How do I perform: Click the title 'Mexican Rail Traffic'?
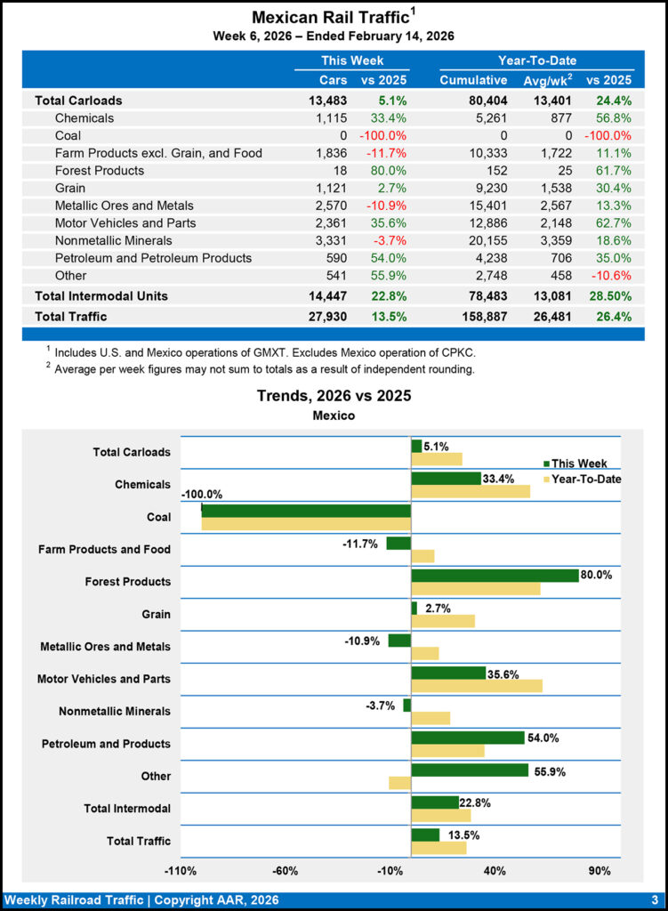tap(330, 18)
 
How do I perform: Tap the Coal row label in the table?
tap(68, 136)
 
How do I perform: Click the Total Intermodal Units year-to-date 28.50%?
tap(608, 295)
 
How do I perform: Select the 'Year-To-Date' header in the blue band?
tap(536, 60)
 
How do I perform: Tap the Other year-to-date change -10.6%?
tap(609, 276)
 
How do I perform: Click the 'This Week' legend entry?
tap(579, 464)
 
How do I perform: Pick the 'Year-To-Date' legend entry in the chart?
tap(585, 480)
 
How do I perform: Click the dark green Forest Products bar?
tap(495, 576)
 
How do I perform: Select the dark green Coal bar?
tap(306, 511)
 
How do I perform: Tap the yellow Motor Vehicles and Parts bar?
tap(477, 686)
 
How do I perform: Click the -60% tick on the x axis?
tap(285, 869)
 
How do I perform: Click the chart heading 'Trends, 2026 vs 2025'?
tap(334, 396)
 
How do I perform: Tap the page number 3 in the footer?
tap(654, 899)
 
